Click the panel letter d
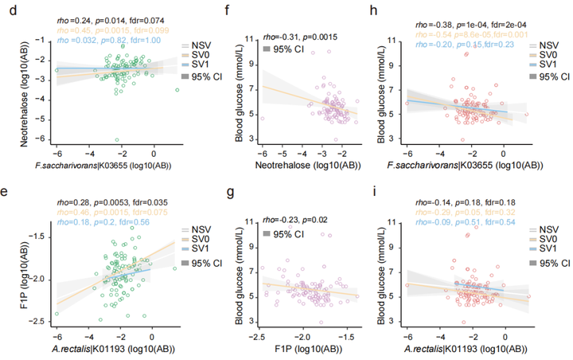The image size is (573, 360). pos(10,10)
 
